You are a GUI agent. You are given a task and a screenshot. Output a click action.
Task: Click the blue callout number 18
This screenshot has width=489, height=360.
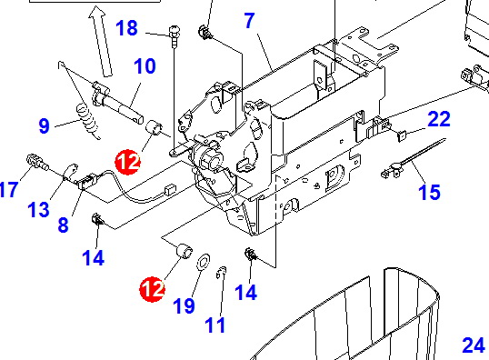(126, 28)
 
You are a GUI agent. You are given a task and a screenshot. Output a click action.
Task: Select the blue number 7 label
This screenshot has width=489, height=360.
(249, 21)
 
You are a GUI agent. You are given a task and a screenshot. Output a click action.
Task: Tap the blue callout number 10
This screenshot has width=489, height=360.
(145, 66)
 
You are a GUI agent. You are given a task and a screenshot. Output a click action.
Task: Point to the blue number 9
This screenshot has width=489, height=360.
(45, 125)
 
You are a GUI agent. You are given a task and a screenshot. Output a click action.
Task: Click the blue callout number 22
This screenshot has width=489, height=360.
(439, 119)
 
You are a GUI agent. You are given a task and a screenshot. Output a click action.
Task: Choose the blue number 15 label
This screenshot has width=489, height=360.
(429, 192)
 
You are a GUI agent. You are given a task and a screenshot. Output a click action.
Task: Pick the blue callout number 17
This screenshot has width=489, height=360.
(9, 189)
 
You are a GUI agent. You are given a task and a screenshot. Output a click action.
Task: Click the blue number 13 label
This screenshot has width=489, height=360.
(39, 209)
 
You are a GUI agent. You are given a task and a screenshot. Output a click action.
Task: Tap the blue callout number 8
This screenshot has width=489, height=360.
(64, 225)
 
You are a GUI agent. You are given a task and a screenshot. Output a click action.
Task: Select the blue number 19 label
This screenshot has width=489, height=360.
(184, 305)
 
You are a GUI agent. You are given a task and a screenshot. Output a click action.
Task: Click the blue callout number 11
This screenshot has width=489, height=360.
(215, 325)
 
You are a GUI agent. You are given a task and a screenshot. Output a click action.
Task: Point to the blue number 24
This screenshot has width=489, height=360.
(474, 345)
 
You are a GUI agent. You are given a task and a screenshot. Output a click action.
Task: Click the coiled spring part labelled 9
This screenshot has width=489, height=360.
(88, 122)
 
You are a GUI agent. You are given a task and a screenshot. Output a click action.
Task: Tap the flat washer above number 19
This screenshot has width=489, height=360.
(204, 261)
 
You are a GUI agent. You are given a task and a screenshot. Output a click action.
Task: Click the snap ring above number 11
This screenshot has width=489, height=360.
(222, 273)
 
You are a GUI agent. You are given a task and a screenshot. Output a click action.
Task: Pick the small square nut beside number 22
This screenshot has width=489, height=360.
(402, 135)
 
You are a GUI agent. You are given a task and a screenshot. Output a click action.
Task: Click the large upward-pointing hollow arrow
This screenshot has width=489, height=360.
(100, 41)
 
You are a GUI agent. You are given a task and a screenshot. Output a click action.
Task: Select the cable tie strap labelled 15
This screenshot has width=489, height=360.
(414, 158)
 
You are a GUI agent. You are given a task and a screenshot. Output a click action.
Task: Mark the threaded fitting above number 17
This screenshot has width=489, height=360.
(37, 162)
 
